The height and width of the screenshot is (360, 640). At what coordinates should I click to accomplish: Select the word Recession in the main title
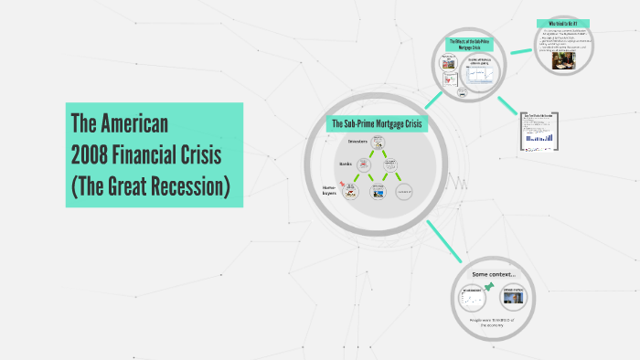[187, 186]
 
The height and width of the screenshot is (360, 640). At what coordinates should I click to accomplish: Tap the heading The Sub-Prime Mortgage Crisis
[379, 123]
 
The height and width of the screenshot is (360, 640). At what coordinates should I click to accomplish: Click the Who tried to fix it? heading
[562, 24]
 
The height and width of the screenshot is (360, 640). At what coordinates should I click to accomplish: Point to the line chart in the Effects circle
[481, 74]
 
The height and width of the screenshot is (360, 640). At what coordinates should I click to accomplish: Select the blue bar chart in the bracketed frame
[540, 132]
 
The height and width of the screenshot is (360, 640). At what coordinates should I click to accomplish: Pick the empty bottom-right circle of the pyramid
[404, 191]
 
